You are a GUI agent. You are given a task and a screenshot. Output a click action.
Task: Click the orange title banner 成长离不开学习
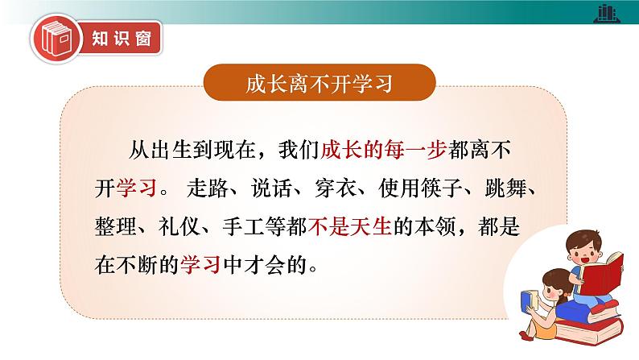(319, 82)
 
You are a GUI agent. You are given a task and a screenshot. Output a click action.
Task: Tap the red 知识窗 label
(122, 39)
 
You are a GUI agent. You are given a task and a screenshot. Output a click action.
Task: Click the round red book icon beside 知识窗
(56, 39)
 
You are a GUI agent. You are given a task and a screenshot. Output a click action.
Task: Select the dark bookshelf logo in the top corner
(607, 14)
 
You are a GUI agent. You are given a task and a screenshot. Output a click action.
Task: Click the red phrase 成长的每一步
(384, 150)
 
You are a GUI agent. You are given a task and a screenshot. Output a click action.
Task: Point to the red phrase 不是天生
(349, 226)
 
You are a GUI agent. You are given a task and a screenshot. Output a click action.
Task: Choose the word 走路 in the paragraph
(208, 188)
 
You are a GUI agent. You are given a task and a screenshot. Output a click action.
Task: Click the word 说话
(271, 188)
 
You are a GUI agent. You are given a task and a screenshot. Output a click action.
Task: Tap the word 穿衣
(336, 188)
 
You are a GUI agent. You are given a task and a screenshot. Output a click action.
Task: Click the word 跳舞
(505, 188)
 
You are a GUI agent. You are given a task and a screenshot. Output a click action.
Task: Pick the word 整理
(116, 226)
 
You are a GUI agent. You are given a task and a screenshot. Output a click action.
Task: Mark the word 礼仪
(179, 226)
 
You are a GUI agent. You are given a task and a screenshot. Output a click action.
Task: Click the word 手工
(243, 226)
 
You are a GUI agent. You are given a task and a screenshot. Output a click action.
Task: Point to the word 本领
(435, 226)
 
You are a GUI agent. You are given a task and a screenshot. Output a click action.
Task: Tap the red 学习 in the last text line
(200, 265)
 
